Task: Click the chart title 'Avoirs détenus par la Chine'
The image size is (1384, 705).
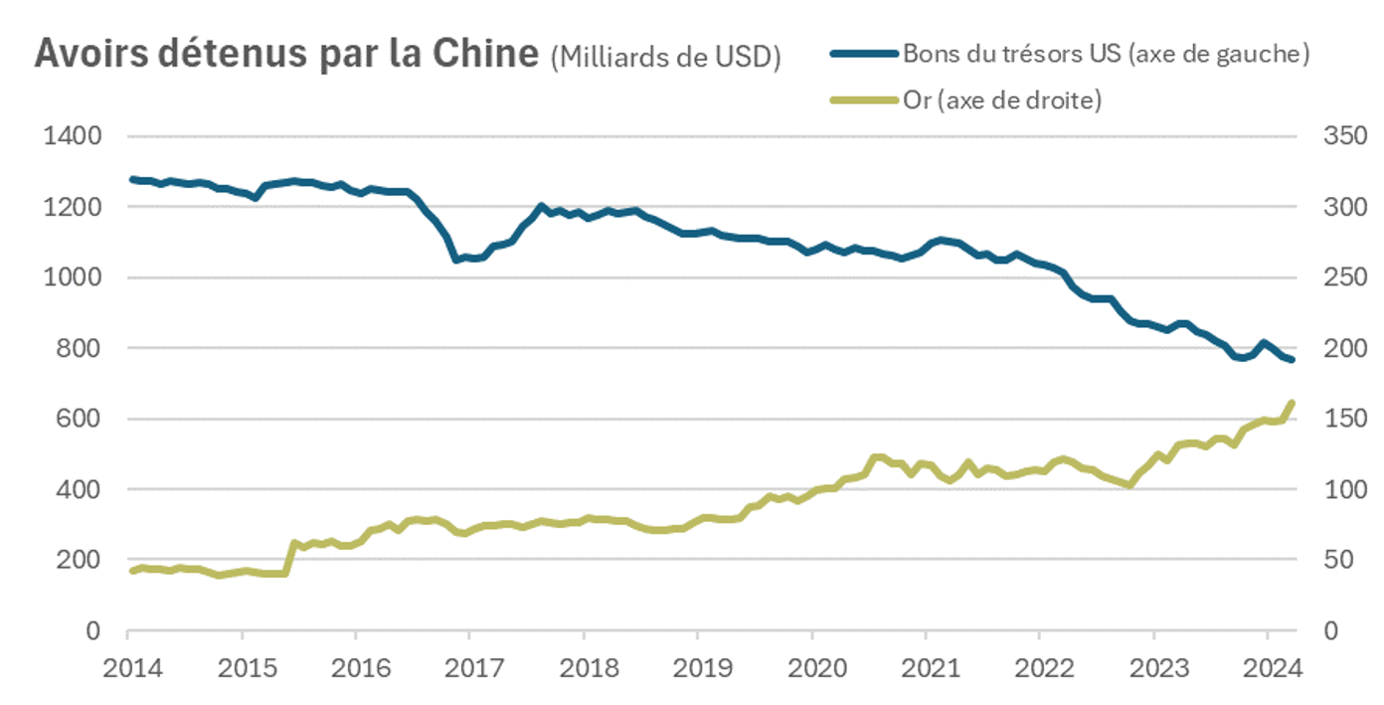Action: [x=287, y=54]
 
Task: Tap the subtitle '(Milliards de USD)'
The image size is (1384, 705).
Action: [x=665, y=57]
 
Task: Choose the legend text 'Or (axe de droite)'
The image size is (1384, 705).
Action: [x=1001, y=100]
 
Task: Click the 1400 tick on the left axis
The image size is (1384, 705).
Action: [x=74, y=136]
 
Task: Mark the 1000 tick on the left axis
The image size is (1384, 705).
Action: [x=74, y=277]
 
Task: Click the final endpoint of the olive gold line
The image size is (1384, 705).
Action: [x=1292, y=403]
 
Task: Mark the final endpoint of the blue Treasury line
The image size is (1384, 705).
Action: [x=1292, y=360]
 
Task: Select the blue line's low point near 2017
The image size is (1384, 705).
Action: [x=456, y=260]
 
